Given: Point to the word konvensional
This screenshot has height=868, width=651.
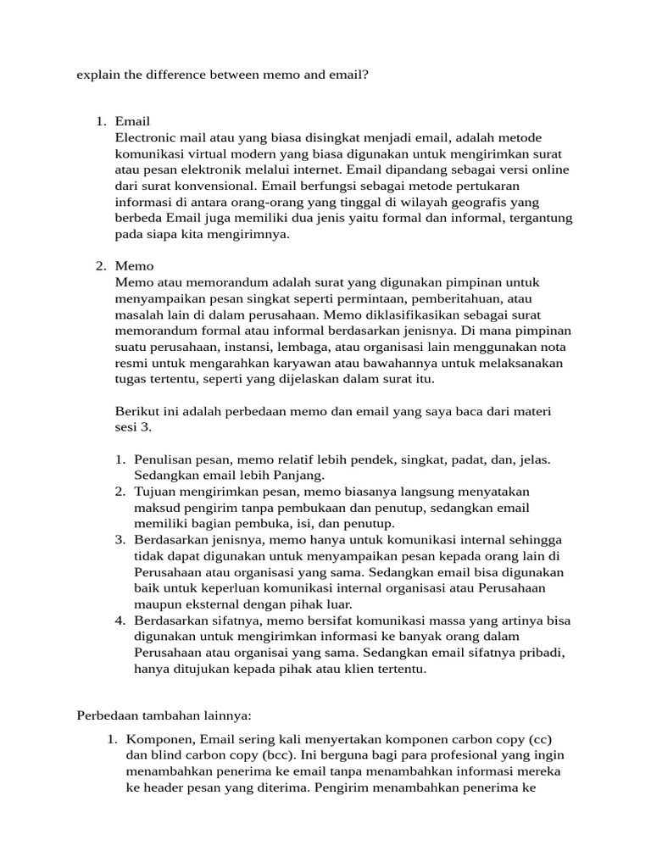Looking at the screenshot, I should tap(214, 186).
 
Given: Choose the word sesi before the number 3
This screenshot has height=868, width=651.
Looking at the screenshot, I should tap(127, 427).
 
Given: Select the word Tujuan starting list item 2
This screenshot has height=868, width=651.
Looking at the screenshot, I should tap(155, 492).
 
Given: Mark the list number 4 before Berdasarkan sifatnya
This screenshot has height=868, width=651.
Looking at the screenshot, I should tap(120, 620).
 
